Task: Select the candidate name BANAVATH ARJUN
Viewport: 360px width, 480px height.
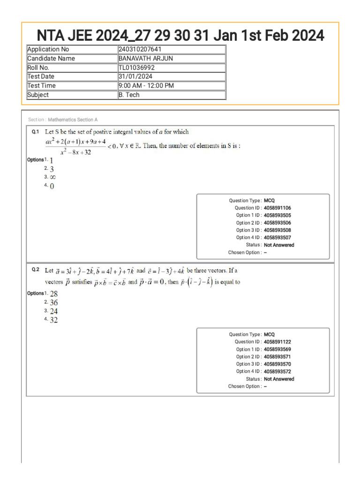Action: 145,59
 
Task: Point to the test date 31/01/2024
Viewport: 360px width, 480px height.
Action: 135,76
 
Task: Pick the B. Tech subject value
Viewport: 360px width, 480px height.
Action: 129,95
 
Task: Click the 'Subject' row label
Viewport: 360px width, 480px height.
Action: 38,95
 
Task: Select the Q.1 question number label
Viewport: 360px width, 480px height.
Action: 35,132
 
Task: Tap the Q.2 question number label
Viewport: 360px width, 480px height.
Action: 35,270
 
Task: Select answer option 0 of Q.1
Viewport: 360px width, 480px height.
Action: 52,186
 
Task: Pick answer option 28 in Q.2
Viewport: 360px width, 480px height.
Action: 54,294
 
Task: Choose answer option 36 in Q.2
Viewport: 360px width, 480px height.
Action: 54,303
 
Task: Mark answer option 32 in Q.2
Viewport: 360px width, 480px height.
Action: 54,320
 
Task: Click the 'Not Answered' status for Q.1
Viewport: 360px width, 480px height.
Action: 279,245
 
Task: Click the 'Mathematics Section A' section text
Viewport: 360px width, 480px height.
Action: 73,120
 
